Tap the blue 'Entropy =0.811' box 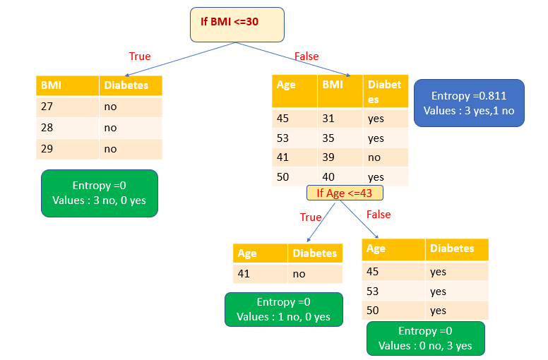click(x=469, y=103)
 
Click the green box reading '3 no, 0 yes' click(x=99, y=193)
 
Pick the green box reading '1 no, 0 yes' click(x=283, y=309)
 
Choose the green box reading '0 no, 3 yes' click(x=426, y=338)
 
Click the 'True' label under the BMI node click(x=140, y=56)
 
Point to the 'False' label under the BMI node click(x=306, y=56)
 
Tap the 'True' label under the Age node click(x=311, y=217)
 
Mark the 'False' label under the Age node click(x=378, y=215)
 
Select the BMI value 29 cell click(x=67, y=149)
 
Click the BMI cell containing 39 click(x=340, y=158)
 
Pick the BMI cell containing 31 click(x=340, y=119)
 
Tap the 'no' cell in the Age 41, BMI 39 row click(x=386, y=158)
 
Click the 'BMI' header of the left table click(x=67, y=85)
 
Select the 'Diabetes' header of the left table click(x=130, y=85)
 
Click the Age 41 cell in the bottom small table click(x=260, y=274)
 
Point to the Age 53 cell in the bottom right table click(x=393, y=292)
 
